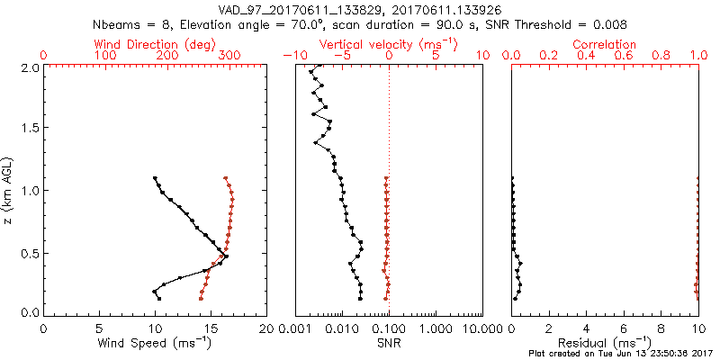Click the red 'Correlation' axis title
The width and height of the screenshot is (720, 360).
(605, 44)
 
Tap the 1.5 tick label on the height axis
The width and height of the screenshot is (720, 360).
(30, 129)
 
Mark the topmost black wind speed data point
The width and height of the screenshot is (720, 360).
(155, 178)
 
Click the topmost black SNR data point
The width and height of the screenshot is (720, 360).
(319, 65)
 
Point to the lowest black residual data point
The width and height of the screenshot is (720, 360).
(515, 298)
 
